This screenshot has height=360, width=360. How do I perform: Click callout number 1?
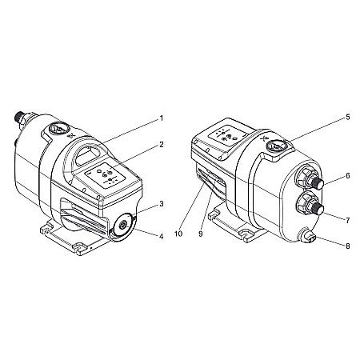161,118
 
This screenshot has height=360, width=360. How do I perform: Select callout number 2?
161,145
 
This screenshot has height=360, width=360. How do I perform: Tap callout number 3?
161,204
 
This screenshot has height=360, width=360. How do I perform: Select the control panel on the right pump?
226,136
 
